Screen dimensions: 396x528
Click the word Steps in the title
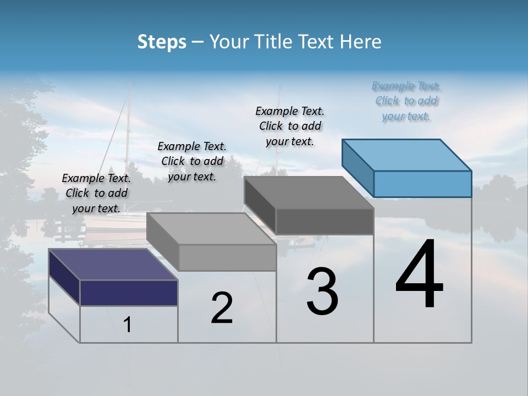click(x=162, y=42)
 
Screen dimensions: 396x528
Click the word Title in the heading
click(x=274, y=42)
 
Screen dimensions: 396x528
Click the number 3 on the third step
click(x=322, y=291)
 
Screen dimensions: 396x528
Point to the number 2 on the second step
click(x=222, y=308)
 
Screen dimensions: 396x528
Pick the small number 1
click(x=128, y=325)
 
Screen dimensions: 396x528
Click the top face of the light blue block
click(x=406, y=155)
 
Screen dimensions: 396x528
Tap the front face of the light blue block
click(x=422, y=184)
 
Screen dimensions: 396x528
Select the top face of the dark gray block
click(x=309, y=193)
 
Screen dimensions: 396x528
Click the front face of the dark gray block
click(x=324, y=221)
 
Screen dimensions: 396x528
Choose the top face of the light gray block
click(x=211, y=229)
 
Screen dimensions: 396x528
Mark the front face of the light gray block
click(x=227, y=257)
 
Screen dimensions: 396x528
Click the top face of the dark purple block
click(x=113, y=265)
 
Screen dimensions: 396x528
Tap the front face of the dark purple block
click(x=129, y=293)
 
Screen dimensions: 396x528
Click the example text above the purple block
click(x=96, y=193)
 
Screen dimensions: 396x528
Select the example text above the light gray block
click(x=192, y=161)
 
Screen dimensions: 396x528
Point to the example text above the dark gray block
click(x=290, y=126)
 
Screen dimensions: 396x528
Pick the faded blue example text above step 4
click(x=406, y=101)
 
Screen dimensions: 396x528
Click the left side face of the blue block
click(x=358, y=168)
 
